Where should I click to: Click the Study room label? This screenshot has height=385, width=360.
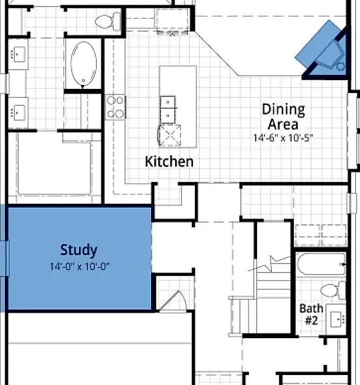79,250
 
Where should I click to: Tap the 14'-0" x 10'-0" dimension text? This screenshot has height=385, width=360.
79,267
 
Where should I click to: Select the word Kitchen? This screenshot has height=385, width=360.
169,162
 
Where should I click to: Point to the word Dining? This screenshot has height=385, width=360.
283,110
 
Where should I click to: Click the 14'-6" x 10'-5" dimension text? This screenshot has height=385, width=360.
283,138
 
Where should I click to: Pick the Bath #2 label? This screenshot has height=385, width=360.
311,314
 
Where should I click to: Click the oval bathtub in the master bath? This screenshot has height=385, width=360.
83,63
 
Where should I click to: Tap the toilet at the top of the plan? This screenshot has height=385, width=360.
108,21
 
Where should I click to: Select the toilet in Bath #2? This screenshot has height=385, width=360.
333,290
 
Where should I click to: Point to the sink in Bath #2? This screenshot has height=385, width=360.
337,319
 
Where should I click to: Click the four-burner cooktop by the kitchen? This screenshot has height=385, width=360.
116,108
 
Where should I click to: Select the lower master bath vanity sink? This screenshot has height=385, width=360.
19,113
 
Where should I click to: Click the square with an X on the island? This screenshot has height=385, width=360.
170,136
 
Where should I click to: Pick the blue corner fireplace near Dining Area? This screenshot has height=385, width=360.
324,50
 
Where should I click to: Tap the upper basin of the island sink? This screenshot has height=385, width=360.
168,102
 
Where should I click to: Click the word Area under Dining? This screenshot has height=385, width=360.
283,124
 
